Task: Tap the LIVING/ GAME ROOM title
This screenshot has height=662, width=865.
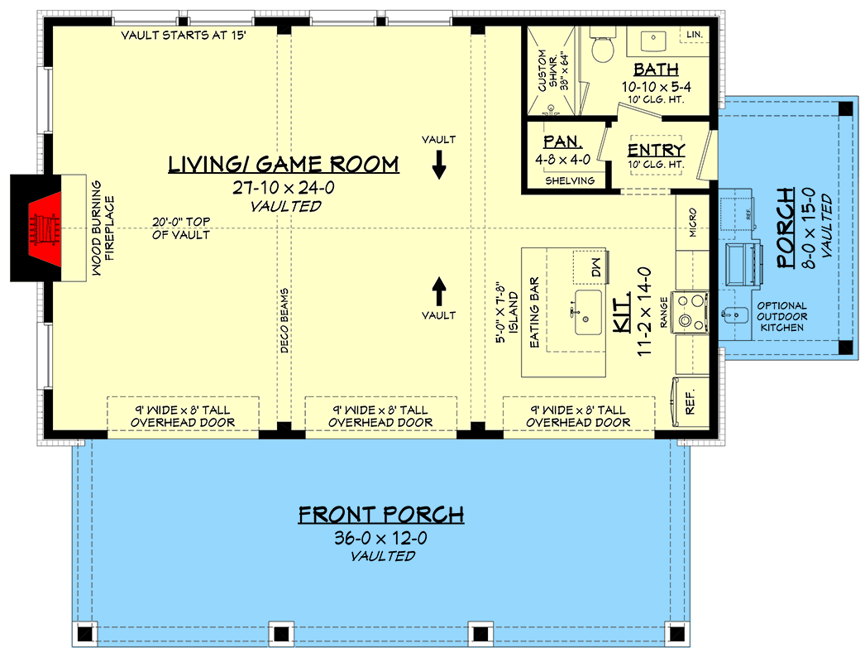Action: [284, 165]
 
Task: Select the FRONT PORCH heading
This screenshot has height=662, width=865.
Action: [380, 515]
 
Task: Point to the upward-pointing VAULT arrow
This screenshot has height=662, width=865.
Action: [439, 290]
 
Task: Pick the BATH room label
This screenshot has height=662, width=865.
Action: [656, 70]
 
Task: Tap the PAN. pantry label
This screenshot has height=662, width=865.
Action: [563, 142]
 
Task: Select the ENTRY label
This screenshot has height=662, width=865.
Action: [656, 150]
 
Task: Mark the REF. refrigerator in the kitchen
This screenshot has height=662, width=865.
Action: [691, 397]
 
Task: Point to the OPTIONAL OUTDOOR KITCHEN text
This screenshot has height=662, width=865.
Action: [781, 317]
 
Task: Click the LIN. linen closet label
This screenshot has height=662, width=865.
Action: [693, 34]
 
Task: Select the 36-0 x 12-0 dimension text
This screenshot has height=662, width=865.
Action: [380, 538]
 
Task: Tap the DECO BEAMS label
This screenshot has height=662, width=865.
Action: [284, 322]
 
